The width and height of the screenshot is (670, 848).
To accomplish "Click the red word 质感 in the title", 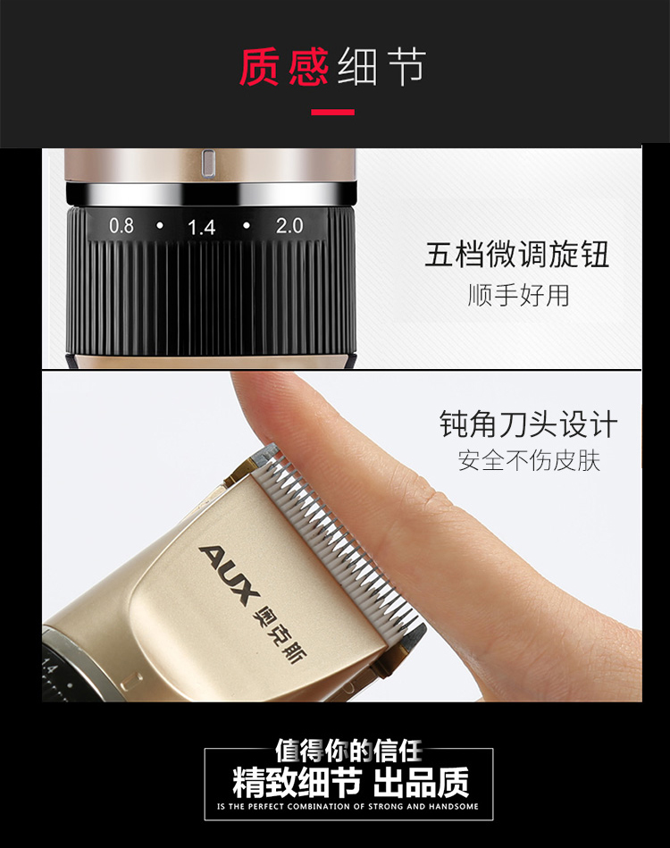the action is point(284,66).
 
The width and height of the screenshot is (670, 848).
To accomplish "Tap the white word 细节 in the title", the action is point(382,66).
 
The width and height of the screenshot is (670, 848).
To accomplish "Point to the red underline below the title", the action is point(332,113).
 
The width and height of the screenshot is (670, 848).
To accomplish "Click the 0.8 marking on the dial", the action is point(121,225).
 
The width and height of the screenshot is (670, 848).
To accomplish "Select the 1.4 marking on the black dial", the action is point(202,227).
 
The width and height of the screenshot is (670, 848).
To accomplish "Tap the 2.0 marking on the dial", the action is point(289,225).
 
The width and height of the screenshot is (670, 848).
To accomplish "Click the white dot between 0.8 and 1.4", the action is point(160,225).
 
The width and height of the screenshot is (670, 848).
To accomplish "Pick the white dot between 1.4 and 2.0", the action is point(247,225).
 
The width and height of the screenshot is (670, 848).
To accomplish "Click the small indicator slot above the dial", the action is point(208,163).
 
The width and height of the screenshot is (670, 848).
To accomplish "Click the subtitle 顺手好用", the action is point(519,295).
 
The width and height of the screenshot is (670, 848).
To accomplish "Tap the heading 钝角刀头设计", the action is point(528,424).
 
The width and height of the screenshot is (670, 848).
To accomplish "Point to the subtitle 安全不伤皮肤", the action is point(529,461).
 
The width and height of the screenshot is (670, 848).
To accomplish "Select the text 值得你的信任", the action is point(348,751).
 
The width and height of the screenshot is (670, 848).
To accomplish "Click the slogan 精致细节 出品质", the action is point(350,783).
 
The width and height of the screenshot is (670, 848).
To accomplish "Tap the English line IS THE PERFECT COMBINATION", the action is point(348,806).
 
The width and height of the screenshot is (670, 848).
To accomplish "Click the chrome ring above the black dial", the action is point(211,194).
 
